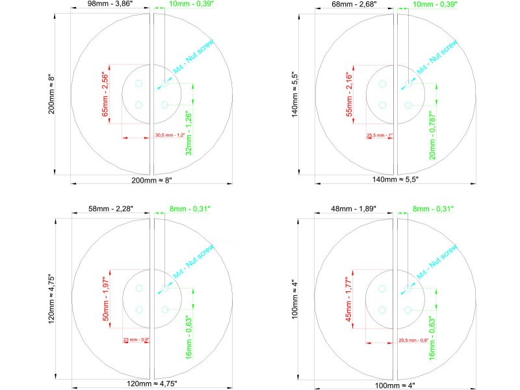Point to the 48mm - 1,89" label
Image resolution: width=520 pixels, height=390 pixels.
pos(353,209)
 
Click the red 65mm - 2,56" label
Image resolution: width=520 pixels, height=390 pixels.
pos(105,92)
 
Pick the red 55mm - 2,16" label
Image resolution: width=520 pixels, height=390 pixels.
pos(348,93)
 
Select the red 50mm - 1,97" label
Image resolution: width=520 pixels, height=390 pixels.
pos(105,296)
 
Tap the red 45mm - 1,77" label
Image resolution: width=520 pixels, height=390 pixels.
pos(348,297)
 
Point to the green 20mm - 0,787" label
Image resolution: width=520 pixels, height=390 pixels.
pos(432,135)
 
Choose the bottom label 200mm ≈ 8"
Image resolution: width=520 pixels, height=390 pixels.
pos(151,180)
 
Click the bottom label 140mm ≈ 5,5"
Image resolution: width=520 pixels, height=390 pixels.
pos(395,179)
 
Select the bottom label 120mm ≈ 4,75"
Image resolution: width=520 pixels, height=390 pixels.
pos(151,383)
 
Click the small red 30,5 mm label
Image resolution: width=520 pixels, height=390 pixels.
pos(170,135)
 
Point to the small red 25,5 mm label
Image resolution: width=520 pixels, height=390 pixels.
pos(381,135)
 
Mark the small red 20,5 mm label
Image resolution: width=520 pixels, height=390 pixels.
pos(412,339)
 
